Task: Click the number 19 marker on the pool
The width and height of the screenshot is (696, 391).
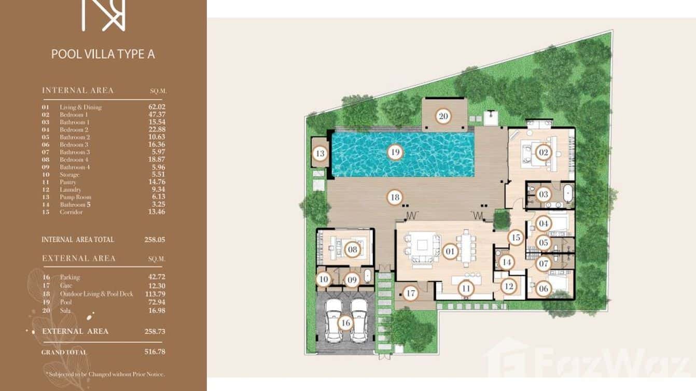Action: [x=395, y=152]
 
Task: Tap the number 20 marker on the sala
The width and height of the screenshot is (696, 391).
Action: [x=443, y=116]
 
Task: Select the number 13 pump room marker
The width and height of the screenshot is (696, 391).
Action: [x=320, y=153]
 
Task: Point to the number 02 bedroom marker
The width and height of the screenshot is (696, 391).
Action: [x=543, y=152]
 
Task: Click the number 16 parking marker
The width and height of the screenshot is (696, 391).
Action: [x=345, y=323]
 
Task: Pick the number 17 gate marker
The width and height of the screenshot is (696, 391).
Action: [x=411, y=294]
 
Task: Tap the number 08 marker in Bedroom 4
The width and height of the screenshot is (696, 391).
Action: [x=353, y=250]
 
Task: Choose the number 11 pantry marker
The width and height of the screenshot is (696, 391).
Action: [x=466, y=288]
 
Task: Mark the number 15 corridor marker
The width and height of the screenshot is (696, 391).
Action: [x=515, y=238]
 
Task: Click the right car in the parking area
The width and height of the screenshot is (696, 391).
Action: [x=359, y=320]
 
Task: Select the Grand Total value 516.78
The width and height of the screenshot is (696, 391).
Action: [x=155, y=352]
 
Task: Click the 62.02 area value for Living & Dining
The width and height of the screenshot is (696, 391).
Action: [x=157, y=107]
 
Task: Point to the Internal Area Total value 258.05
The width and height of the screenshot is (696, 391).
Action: [x=155, y=240]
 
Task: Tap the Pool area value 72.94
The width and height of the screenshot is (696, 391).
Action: [x=157, y=301]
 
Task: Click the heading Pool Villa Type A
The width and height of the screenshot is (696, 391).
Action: [x=103, y=54]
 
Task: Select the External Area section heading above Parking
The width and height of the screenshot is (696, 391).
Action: [x=79, y=258]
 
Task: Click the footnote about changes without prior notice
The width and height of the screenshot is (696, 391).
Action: [x=105, y=374]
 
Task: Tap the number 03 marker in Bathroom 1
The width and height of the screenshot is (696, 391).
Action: [x=543, y=195]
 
